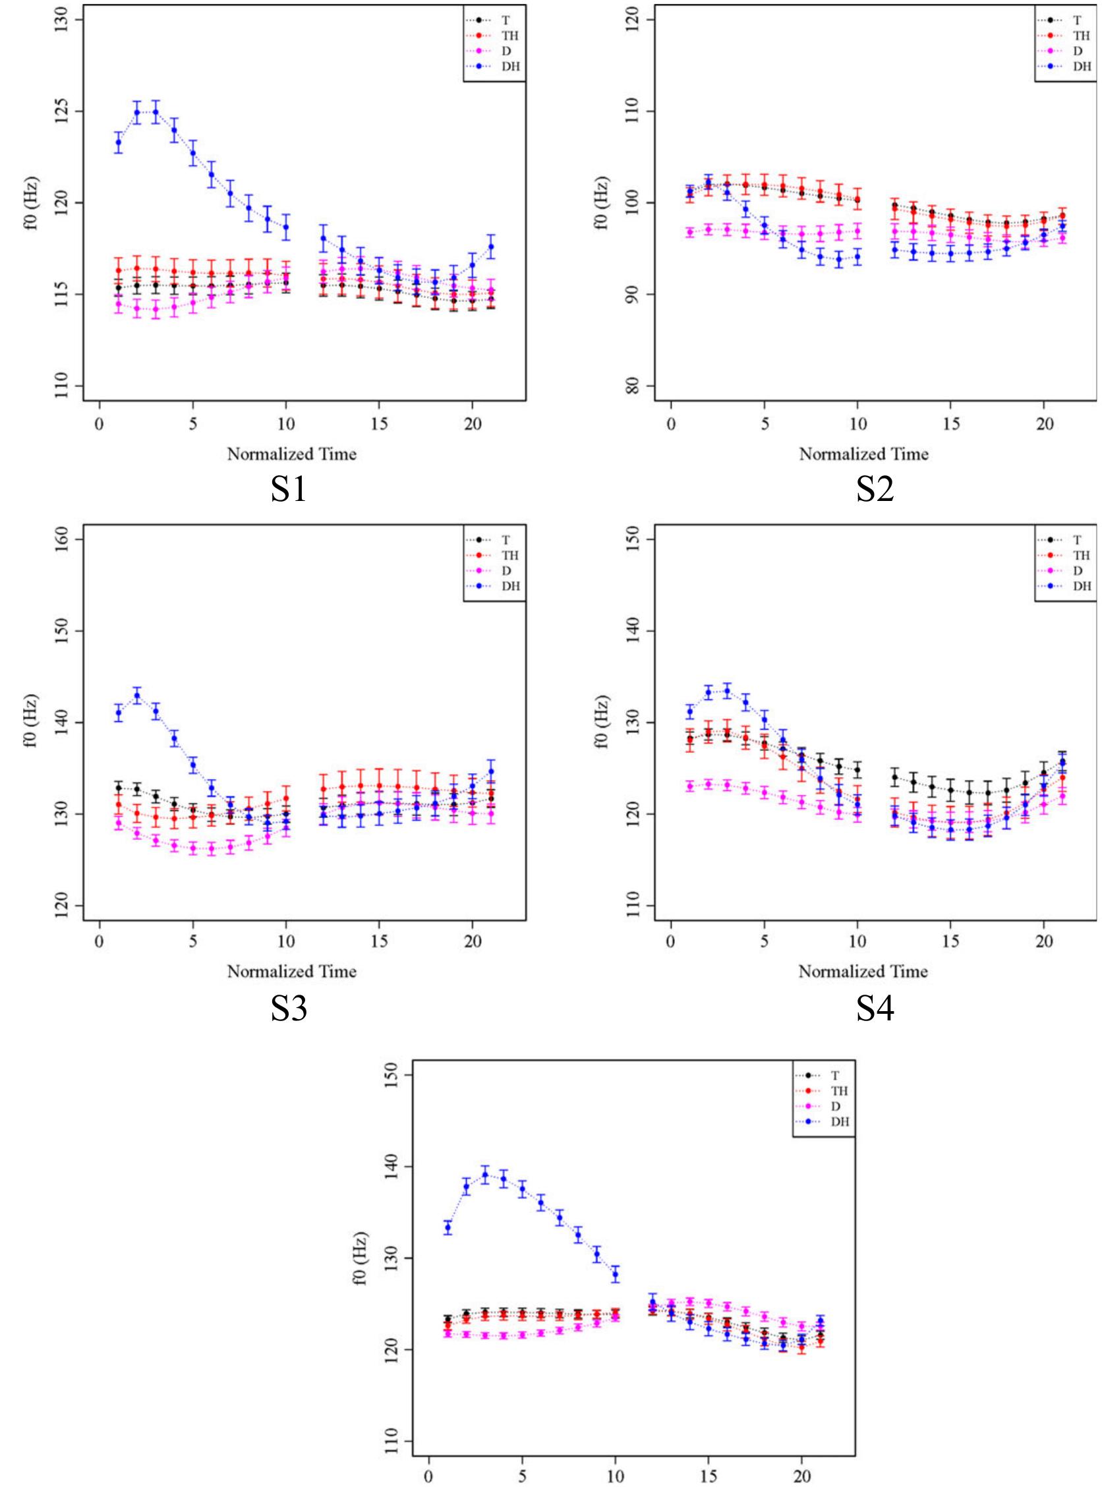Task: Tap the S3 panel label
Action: [288, 1009]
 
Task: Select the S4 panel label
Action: [875, 1009]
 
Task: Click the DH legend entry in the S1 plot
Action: [510, 67]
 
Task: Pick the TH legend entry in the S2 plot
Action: [1082, 36]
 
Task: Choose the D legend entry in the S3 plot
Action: [506, 571]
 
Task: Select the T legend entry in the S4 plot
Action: [1077, 541]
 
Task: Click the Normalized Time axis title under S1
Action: [292, 454]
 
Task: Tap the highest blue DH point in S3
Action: [137, 695]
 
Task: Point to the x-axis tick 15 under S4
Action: [950, 941]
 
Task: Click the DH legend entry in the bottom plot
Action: [840, 1122]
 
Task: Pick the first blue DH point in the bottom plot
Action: [448, 1227]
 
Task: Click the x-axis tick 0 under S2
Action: [671, 424]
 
